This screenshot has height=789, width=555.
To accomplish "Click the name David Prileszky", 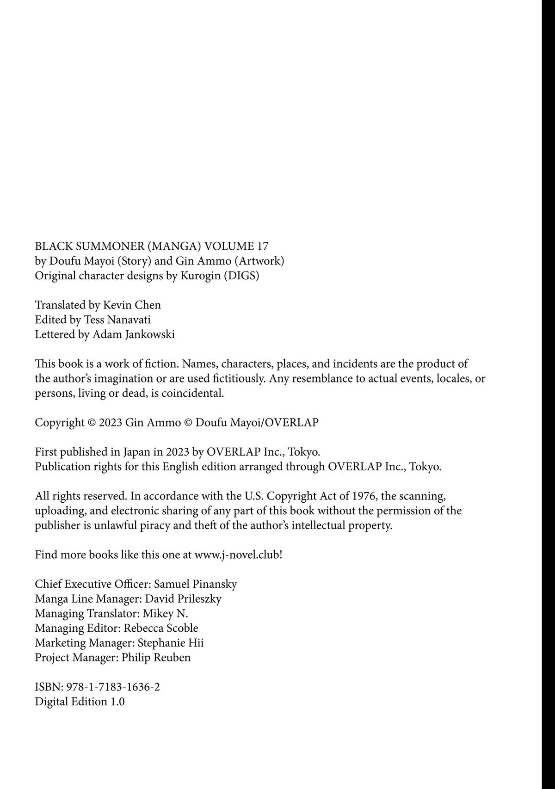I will [x=183, y=599].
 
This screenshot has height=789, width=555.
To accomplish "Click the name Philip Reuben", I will [x=156, y=658].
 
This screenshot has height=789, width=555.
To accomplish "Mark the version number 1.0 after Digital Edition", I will [x=117, y=702].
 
